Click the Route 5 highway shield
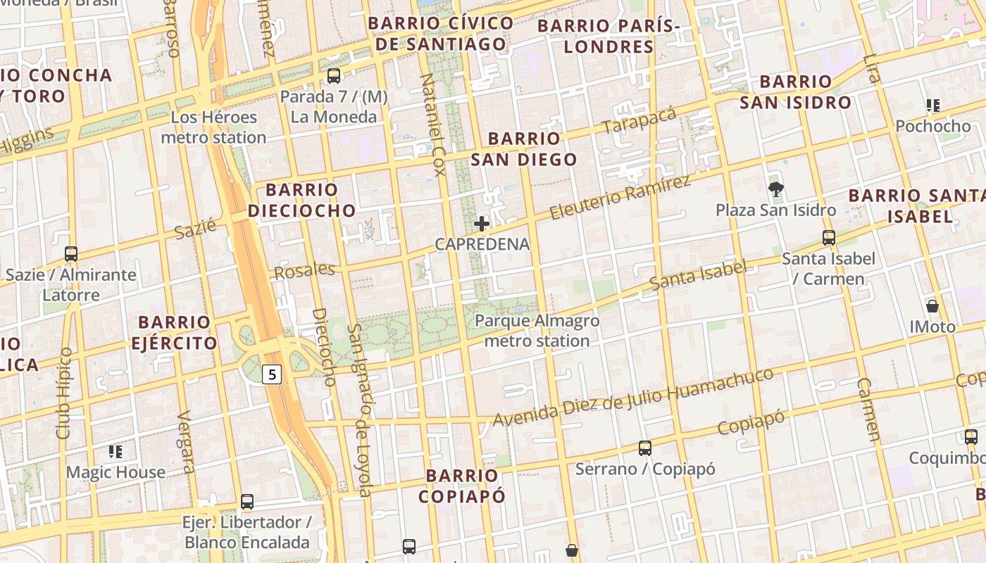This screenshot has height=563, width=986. [272, 374]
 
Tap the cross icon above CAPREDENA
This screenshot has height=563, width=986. [482, 224]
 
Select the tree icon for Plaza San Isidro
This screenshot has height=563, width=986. [776, 189]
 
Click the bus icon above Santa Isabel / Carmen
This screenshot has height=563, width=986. [829, 238]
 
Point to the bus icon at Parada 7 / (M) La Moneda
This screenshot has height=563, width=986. [334, 76]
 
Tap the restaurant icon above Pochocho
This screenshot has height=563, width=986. [933, 106]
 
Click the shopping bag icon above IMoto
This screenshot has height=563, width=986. [932, 306]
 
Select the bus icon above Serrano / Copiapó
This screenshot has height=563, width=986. [645, 448]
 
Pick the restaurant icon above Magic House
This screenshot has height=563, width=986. [116, 451]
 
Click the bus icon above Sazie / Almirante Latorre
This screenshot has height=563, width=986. [70, 253]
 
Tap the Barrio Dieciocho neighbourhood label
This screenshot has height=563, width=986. [302, 200]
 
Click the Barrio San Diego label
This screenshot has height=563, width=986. [524, 149]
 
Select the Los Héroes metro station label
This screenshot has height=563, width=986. [213, 127]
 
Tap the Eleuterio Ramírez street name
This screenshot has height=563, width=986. [620, 196]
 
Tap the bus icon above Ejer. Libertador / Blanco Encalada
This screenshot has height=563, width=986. [247, 502]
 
